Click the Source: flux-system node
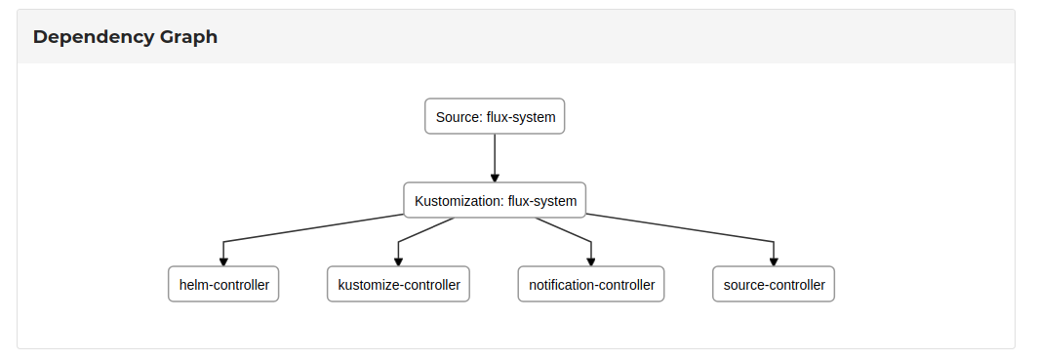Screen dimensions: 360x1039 [495, 117]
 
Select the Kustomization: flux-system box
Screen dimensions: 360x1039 [495, 201]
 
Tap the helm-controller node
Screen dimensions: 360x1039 [223, 285]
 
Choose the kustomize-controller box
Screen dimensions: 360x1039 [398, 285]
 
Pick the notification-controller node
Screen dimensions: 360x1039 [591, 285]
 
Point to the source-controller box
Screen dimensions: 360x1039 [774, 285]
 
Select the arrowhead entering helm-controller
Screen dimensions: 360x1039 [223, 261]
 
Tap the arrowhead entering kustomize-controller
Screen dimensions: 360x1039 [398, 261]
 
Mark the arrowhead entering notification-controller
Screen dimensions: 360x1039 [591, 261]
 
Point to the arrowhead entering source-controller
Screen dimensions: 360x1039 [774, 261]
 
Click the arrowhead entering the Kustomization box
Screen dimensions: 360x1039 [495, 178]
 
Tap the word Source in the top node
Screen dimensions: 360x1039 [458, 117]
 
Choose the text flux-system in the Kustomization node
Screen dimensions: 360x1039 [542, 201]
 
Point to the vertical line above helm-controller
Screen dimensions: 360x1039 [223, 250]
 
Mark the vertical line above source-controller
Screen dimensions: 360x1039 [774, 250]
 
